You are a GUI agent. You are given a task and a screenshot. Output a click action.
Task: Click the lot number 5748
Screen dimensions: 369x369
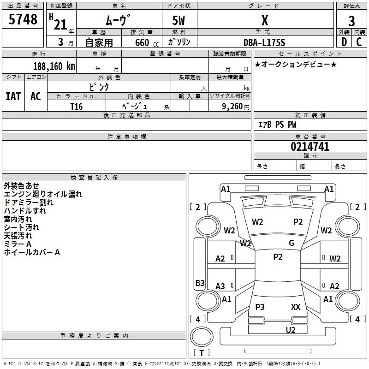click(23, 20)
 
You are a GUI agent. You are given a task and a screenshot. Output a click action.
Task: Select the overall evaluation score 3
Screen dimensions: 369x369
click(351, 21)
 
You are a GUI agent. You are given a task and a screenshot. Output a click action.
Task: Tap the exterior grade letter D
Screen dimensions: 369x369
click(344, 42)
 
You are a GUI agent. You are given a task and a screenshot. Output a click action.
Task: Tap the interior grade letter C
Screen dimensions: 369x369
click(359, 42)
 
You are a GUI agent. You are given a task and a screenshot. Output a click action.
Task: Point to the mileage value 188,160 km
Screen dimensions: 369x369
click(54, 66)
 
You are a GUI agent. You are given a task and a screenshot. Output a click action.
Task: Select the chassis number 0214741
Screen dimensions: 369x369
click(310, 147)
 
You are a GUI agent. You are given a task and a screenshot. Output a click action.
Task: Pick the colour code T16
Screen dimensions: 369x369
click(76, 106)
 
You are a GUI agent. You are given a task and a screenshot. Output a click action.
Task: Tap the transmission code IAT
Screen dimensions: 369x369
click(13, 96)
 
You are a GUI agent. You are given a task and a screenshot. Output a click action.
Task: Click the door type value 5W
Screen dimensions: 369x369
click(179, 21)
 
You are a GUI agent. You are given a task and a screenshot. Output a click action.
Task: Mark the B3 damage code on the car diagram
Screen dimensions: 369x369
click(200, 283)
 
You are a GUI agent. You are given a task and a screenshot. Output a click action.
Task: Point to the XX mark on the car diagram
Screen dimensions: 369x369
click(296, 307)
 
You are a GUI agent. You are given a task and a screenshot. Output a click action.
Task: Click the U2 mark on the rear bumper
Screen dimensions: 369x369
click(290, 329)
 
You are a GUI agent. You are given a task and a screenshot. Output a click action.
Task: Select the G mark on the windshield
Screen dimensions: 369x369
click(292, 243)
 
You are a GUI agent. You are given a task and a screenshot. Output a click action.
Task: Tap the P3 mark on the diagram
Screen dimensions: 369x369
click(260, 307)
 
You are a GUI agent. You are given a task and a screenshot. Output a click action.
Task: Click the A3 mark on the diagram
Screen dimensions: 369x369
click(220, 286)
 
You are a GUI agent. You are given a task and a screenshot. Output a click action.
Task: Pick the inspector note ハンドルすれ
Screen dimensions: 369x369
click(25, 211)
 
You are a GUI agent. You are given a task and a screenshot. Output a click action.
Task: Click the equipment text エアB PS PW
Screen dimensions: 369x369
click(277, 125)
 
